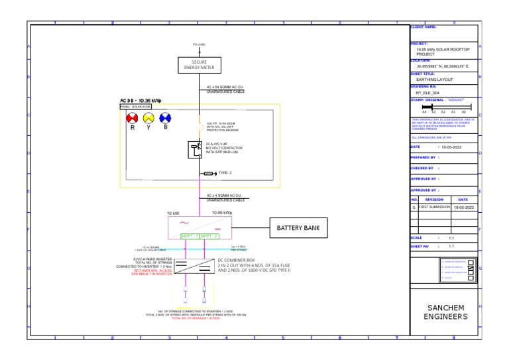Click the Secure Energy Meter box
[x=199, y=65]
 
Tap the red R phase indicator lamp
[x=132, y=117]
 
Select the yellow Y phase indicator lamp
[x=148, y=117]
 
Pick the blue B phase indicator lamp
[x=165, y=117]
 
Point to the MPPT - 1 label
[x=190, y=235]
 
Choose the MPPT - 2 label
[x=209, y=235]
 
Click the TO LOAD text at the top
[x=199, y=44]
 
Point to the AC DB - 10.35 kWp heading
[x=141, y=100]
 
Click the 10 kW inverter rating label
[x=173, y=213]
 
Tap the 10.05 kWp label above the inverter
[x=222, y=213]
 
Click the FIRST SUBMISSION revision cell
[x=434, y=208]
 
